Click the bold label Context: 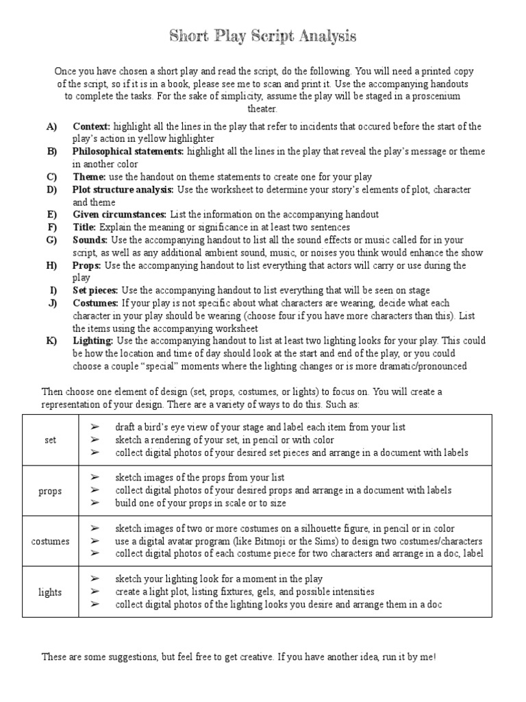tap(92, 127)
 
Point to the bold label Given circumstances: tap(119, 215)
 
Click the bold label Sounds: tap(90, 240)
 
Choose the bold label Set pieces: tap(95, 290)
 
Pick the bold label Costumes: tap(96, 303)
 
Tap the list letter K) tap(52, 341)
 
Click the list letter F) tap(51, 227)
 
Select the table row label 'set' tap(51, 440)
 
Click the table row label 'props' tap(51, 491)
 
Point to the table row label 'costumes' tap(51, 541)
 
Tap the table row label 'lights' tap(51, 592)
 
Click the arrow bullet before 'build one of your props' tap(95, 503)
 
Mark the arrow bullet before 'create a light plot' tap(95, 592)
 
